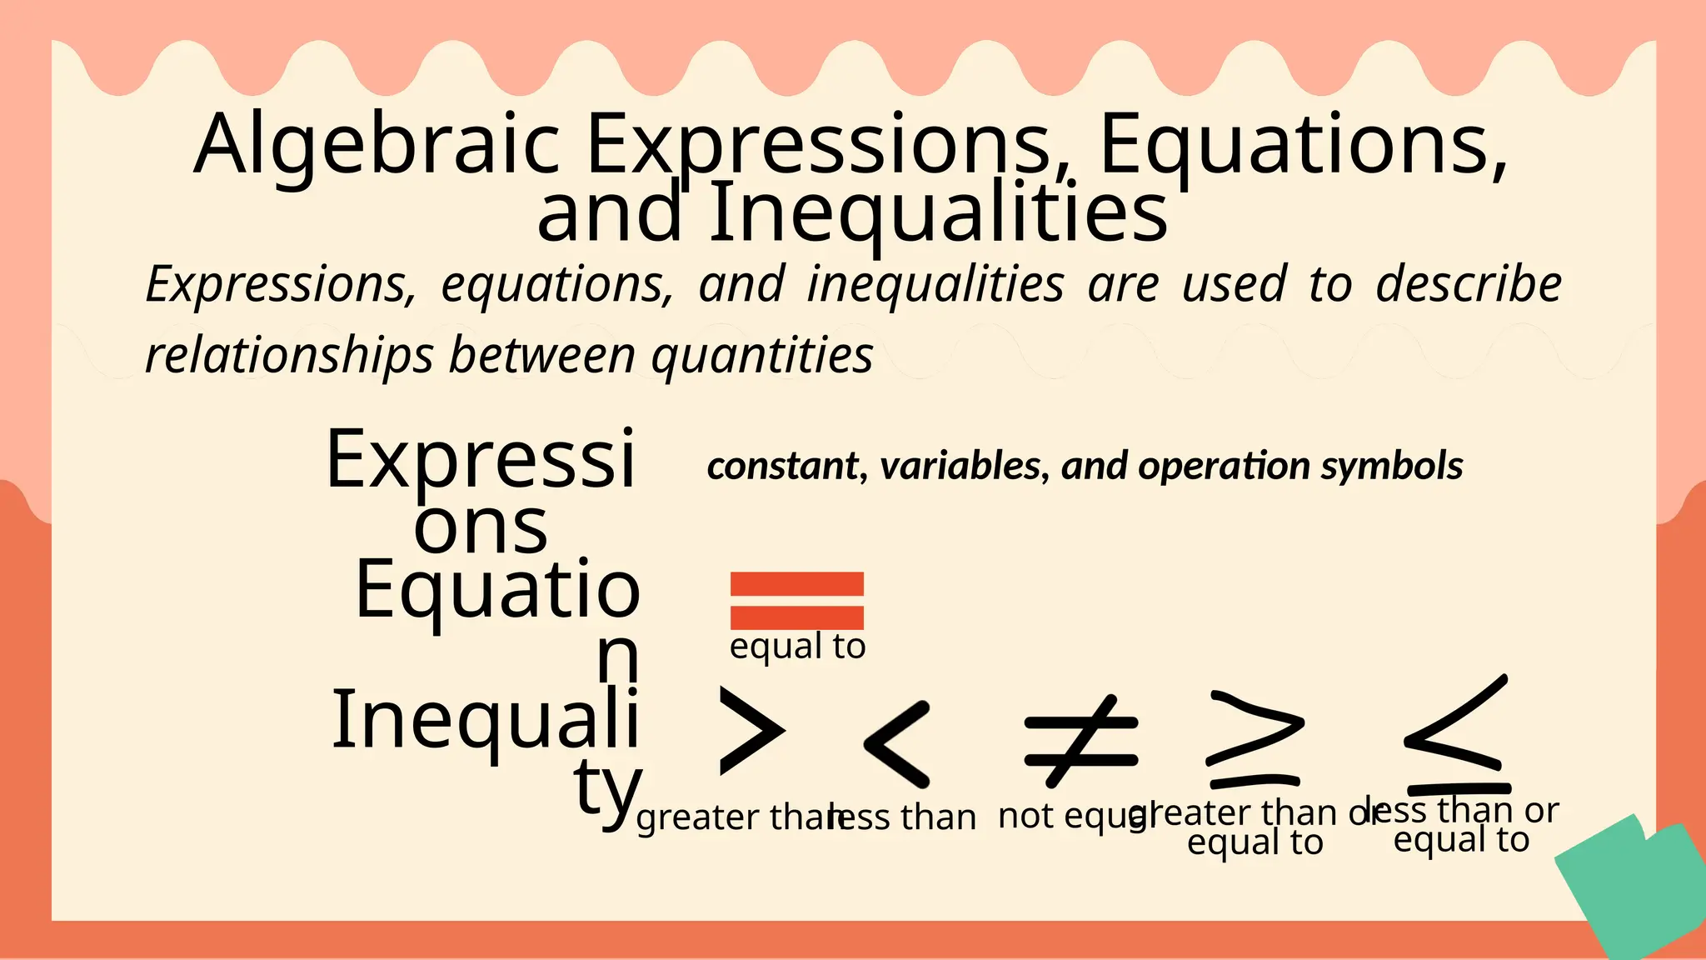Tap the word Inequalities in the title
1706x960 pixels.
point(939,215)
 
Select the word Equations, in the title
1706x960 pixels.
point(1303,146)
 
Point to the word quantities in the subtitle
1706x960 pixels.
point(761,356)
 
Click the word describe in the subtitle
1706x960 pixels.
point(1468,285)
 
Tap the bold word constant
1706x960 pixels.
point(781,466)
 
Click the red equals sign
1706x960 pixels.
point(796,600)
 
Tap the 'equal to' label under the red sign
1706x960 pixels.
point(797,647)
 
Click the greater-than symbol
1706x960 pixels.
point(751,732)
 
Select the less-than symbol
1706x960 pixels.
point(897,744)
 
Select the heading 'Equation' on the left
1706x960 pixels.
point(497,592)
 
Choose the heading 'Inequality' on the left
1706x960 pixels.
point(486,722)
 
